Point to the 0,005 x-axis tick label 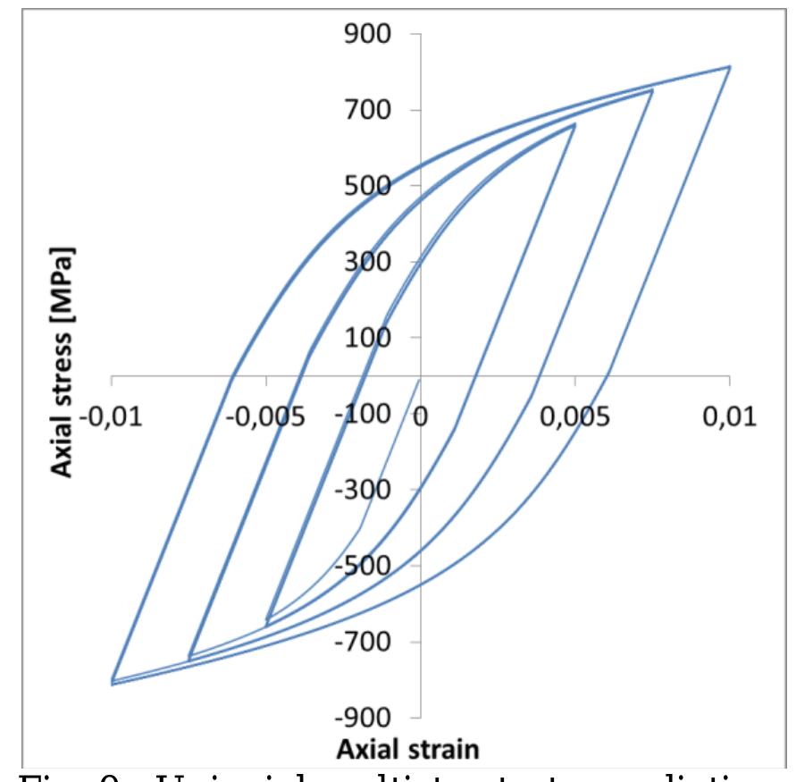(575, 417)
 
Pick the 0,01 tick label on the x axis (730, 417)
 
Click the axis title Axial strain (422, 747)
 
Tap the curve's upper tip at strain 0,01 (729, 67)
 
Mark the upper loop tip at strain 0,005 (574, 125)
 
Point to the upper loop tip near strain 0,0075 (651, 90)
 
